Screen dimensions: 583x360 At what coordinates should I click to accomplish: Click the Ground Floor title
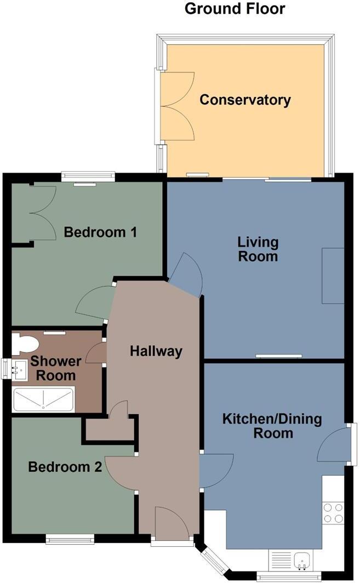tap(235, 9)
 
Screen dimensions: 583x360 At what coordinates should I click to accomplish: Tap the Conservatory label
tap(244, 100)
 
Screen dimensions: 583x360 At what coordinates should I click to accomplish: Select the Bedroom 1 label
tap(100, 232)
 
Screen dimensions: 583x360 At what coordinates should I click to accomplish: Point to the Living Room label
tap(258, 249)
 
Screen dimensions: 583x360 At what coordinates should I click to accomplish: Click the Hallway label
tap(156, 351)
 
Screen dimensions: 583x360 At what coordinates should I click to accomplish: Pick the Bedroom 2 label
tap(65, 467)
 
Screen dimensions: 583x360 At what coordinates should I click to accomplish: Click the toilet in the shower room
tap(24, 344)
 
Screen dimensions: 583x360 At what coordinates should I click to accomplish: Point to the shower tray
tap(43, 399)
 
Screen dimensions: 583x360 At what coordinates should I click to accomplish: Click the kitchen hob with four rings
tap(333, 513)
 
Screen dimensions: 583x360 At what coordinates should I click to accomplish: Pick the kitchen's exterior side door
tap(334, 444)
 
